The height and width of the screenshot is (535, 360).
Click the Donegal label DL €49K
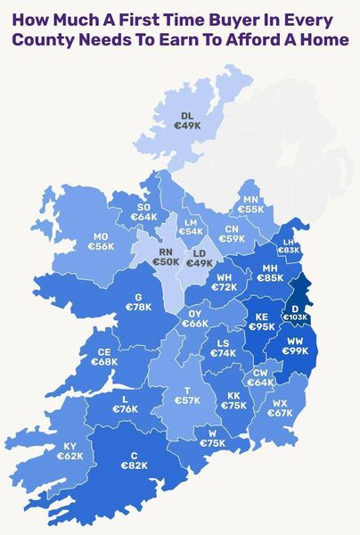coord(187,122)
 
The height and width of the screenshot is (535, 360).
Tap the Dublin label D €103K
coord(295,312)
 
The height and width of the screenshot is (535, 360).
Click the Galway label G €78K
coord(138,302)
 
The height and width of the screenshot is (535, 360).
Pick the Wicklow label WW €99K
coord(295,346)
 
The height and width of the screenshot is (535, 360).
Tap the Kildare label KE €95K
coord(261,322)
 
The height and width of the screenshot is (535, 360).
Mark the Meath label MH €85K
coord(269,272)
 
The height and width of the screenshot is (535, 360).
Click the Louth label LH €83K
coord(288,246)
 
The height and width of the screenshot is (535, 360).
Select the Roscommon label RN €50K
coord(165,257)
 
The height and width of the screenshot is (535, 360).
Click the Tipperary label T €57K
coord(187,396)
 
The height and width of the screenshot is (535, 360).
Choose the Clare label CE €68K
coord(104,357)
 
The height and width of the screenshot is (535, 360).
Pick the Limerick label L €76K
coord(125,404)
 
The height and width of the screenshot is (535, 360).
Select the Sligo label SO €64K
coord(143,211)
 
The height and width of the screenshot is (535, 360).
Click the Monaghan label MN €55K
coord(250,204)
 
